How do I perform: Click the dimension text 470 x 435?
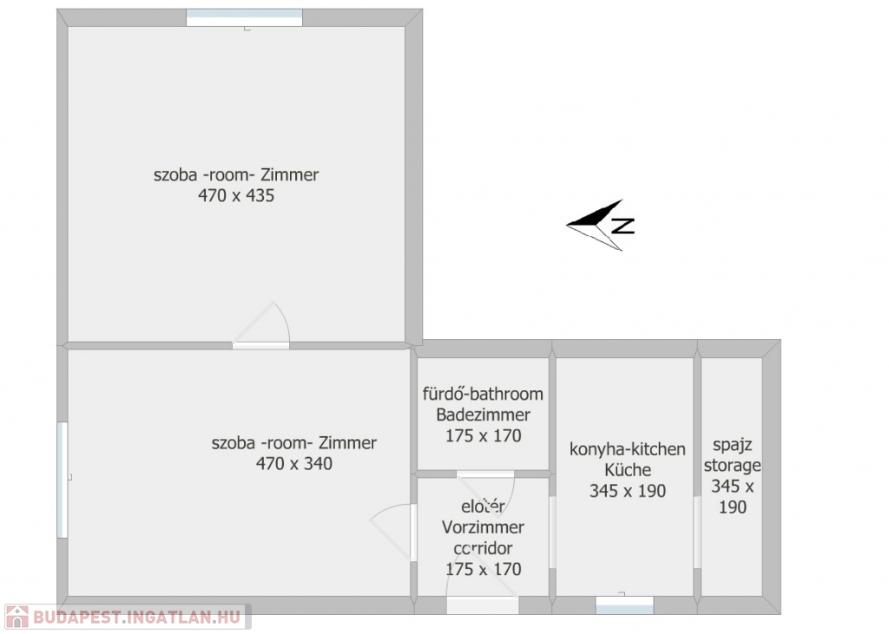pyautogui.click(x=236, y=195)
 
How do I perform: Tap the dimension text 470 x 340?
pyautogui.click(x=293, y=463)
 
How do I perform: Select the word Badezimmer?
pyautogui.click(x=483, y=415)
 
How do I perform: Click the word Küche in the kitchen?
pyautogui.click(x=627, y=470)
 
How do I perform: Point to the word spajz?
pyautogui.click(x=732, y=445)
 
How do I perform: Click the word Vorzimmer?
pyautogui.click(x=483, y=527)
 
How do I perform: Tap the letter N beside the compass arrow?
pyautogui.click(x=623, y=225)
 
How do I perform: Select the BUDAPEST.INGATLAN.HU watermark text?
pyautogui.click(x=136, y=617)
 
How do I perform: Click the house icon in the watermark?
pyautogui.click(x=16, y=617)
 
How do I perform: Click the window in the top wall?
pyautogui.click(x=244, y=17)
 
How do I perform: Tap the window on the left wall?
pyautogui.click(x=63, y=480)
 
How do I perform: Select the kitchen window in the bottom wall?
pyautogui.click(x=624, y=605)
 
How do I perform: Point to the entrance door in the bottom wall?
pyautogui.click(x=482, y=605)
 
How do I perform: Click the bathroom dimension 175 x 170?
pyautogui.click(x=483, y=435)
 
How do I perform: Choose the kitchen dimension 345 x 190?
pyautogui.click(x=627, y=491)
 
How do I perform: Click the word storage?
pyautogui.click(x=732, y=466)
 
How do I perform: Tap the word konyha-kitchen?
pyautogui.click(x=627, y=449)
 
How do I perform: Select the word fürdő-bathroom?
pyautogui.click(x=483, y=394)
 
